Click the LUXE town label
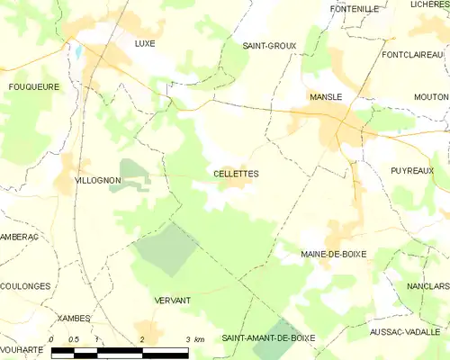pyautogui.click(x=144, y=43)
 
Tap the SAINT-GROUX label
pyautogui.click(x=269, y=45)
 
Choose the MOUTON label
pyautogui.click(x=432, y=96)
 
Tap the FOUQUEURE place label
pyautogui.click(x=34, y=87)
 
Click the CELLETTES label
pyautogui.click(x=236, y=174)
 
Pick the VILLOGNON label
pyautogui.click(x=97, y=181)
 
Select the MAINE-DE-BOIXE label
pyautogui.click(x=333, y=255)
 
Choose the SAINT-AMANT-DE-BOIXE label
pyautogui.click(x=269, y=337)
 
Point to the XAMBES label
pyautogui.click(x=74, y=319)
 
